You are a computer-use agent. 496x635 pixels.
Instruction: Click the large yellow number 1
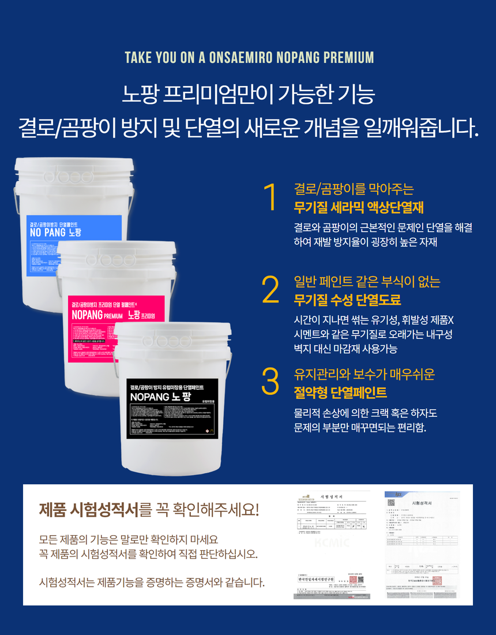click(x=269, y=197)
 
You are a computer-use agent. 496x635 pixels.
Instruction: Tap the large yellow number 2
click(x=270, y=290)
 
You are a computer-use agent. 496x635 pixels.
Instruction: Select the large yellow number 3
click(x=270, y=382)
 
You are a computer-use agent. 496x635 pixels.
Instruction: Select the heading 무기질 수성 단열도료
click(x=347, y=300)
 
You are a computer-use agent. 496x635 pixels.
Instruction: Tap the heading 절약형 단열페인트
click(x=340, y=393)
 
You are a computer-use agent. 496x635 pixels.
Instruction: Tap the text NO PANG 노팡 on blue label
click(x=55, y=233)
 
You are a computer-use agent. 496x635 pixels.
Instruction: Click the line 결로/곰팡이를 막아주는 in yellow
click(x=354, y=189)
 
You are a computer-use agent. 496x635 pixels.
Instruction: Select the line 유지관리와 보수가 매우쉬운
click(x=364, y=374)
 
